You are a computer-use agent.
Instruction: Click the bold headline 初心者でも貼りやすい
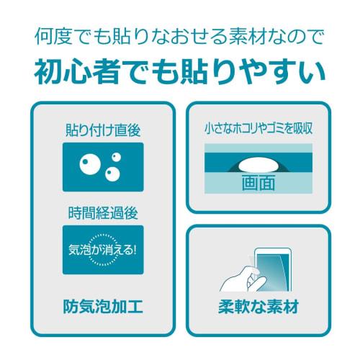click(x=180, y=72)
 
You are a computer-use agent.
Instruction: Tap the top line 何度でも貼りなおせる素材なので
click(x=180, y=35)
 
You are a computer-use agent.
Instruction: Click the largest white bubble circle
click(x=90, y=162)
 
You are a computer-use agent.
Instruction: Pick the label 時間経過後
click(x=102, y=213)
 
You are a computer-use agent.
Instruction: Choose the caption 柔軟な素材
click(x=258, y=307)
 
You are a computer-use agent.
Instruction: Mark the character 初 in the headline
click(x=48, y=72)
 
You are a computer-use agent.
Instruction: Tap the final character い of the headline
click(x=311, y=72)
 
